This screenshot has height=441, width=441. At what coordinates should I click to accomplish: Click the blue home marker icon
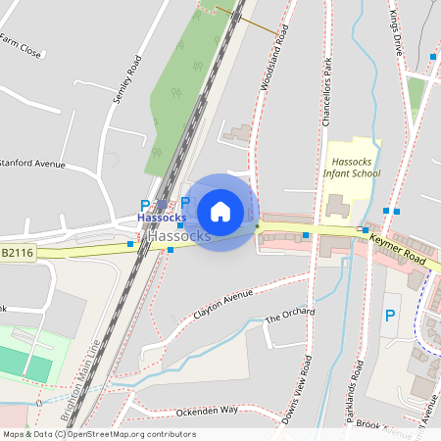(220, 212)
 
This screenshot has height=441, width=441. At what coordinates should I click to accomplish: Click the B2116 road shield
(17, 253)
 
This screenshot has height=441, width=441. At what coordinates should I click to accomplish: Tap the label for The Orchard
(290, 316)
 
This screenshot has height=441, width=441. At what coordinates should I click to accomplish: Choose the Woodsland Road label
(275, 59)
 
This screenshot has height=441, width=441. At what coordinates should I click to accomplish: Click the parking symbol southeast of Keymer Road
(389, 316)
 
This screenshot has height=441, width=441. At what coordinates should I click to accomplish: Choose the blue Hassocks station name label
(162, 217)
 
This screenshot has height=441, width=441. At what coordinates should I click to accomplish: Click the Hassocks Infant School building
(336, 207)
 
